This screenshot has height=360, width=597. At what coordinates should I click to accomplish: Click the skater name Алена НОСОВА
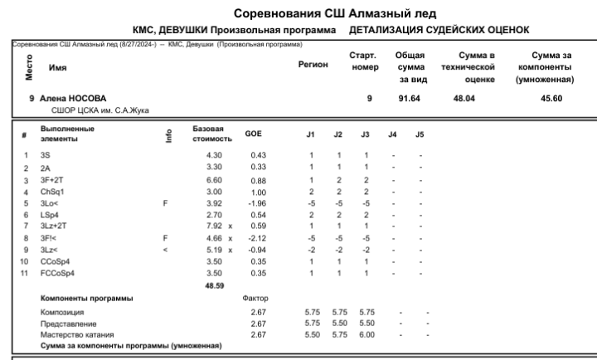tap(73, 99)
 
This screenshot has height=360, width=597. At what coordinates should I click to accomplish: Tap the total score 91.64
tap(410, 99)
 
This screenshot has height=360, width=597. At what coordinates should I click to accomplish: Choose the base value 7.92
tap(203, 226)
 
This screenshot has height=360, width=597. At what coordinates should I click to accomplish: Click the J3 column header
tap(364, 134)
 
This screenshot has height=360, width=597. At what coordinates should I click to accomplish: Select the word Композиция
tap(61, 312)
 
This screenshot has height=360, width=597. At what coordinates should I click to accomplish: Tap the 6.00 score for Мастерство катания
tap(364, 334)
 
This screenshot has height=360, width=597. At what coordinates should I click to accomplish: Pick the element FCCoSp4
tap(57, 273)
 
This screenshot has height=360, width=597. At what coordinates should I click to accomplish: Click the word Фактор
tap(256, 298)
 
